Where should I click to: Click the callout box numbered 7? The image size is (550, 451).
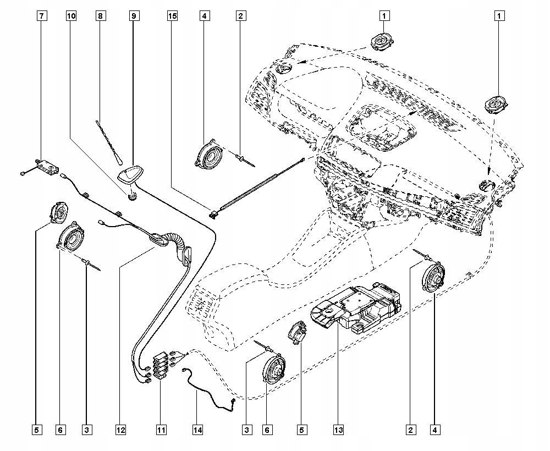click(x=42, y=16)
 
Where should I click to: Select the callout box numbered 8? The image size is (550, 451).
click(x=100, y=16)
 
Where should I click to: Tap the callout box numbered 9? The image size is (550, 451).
click(x=134, y=16)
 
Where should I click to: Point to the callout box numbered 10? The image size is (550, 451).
click(x=71, y=16)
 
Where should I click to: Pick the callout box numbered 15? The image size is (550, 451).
click(x=173, y=16)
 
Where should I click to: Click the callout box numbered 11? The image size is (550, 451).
click(x=161, y=429)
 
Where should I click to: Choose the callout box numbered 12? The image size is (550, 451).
click(x=121, y=429)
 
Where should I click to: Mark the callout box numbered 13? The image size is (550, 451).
click(x=338, y=429)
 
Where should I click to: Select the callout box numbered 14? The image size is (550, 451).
click(x=198, y=429)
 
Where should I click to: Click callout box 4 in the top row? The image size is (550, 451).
click(x=204, y=16)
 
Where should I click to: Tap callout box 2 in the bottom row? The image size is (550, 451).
click(x=410, y=429)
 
